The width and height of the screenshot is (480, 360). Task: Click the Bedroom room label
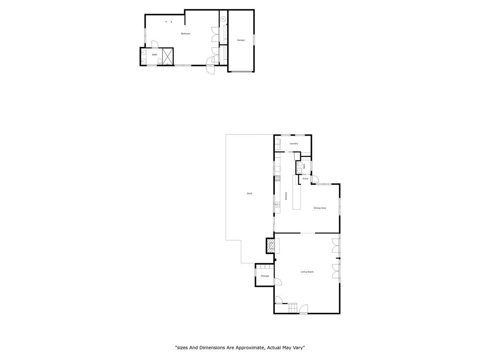coord(186,34)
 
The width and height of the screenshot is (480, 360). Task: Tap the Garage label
coord(241,40)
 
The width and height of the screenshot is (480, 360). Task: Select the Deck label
coord(250,194)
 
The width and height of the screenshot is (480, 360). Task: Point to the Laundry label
coord(294,144)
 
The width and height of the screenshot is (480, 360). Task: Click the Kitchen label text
coord(286,196)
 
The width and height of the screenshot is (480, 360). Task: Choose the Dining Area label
coord(320,208)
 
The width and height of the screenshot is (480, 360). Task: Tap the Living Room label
coord(307,272)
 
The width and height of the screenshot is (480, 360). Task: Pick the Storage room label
coord(265,276)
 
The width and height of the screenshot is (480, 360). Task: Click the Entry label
coord(305,178)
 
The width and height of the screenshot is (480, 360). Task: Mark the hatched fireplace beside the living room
coord(271,246)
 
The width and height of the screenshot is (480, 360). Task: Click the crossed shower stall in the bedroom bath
coord(168,56)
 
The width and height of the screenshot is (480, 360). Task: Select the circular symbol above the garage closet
coord(223,19)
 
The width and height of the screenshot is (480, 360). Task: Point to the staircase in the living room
coord(293,308)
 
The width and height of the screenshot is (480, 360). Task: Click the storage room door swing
coord(278,282)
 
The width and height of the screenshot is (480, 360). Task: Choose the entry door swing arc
coord(315,179)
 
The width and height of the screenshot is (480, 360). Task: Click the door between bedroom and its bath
coord(155,44)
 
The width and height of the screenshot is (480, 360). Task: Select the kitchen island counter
coord(296,192)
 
